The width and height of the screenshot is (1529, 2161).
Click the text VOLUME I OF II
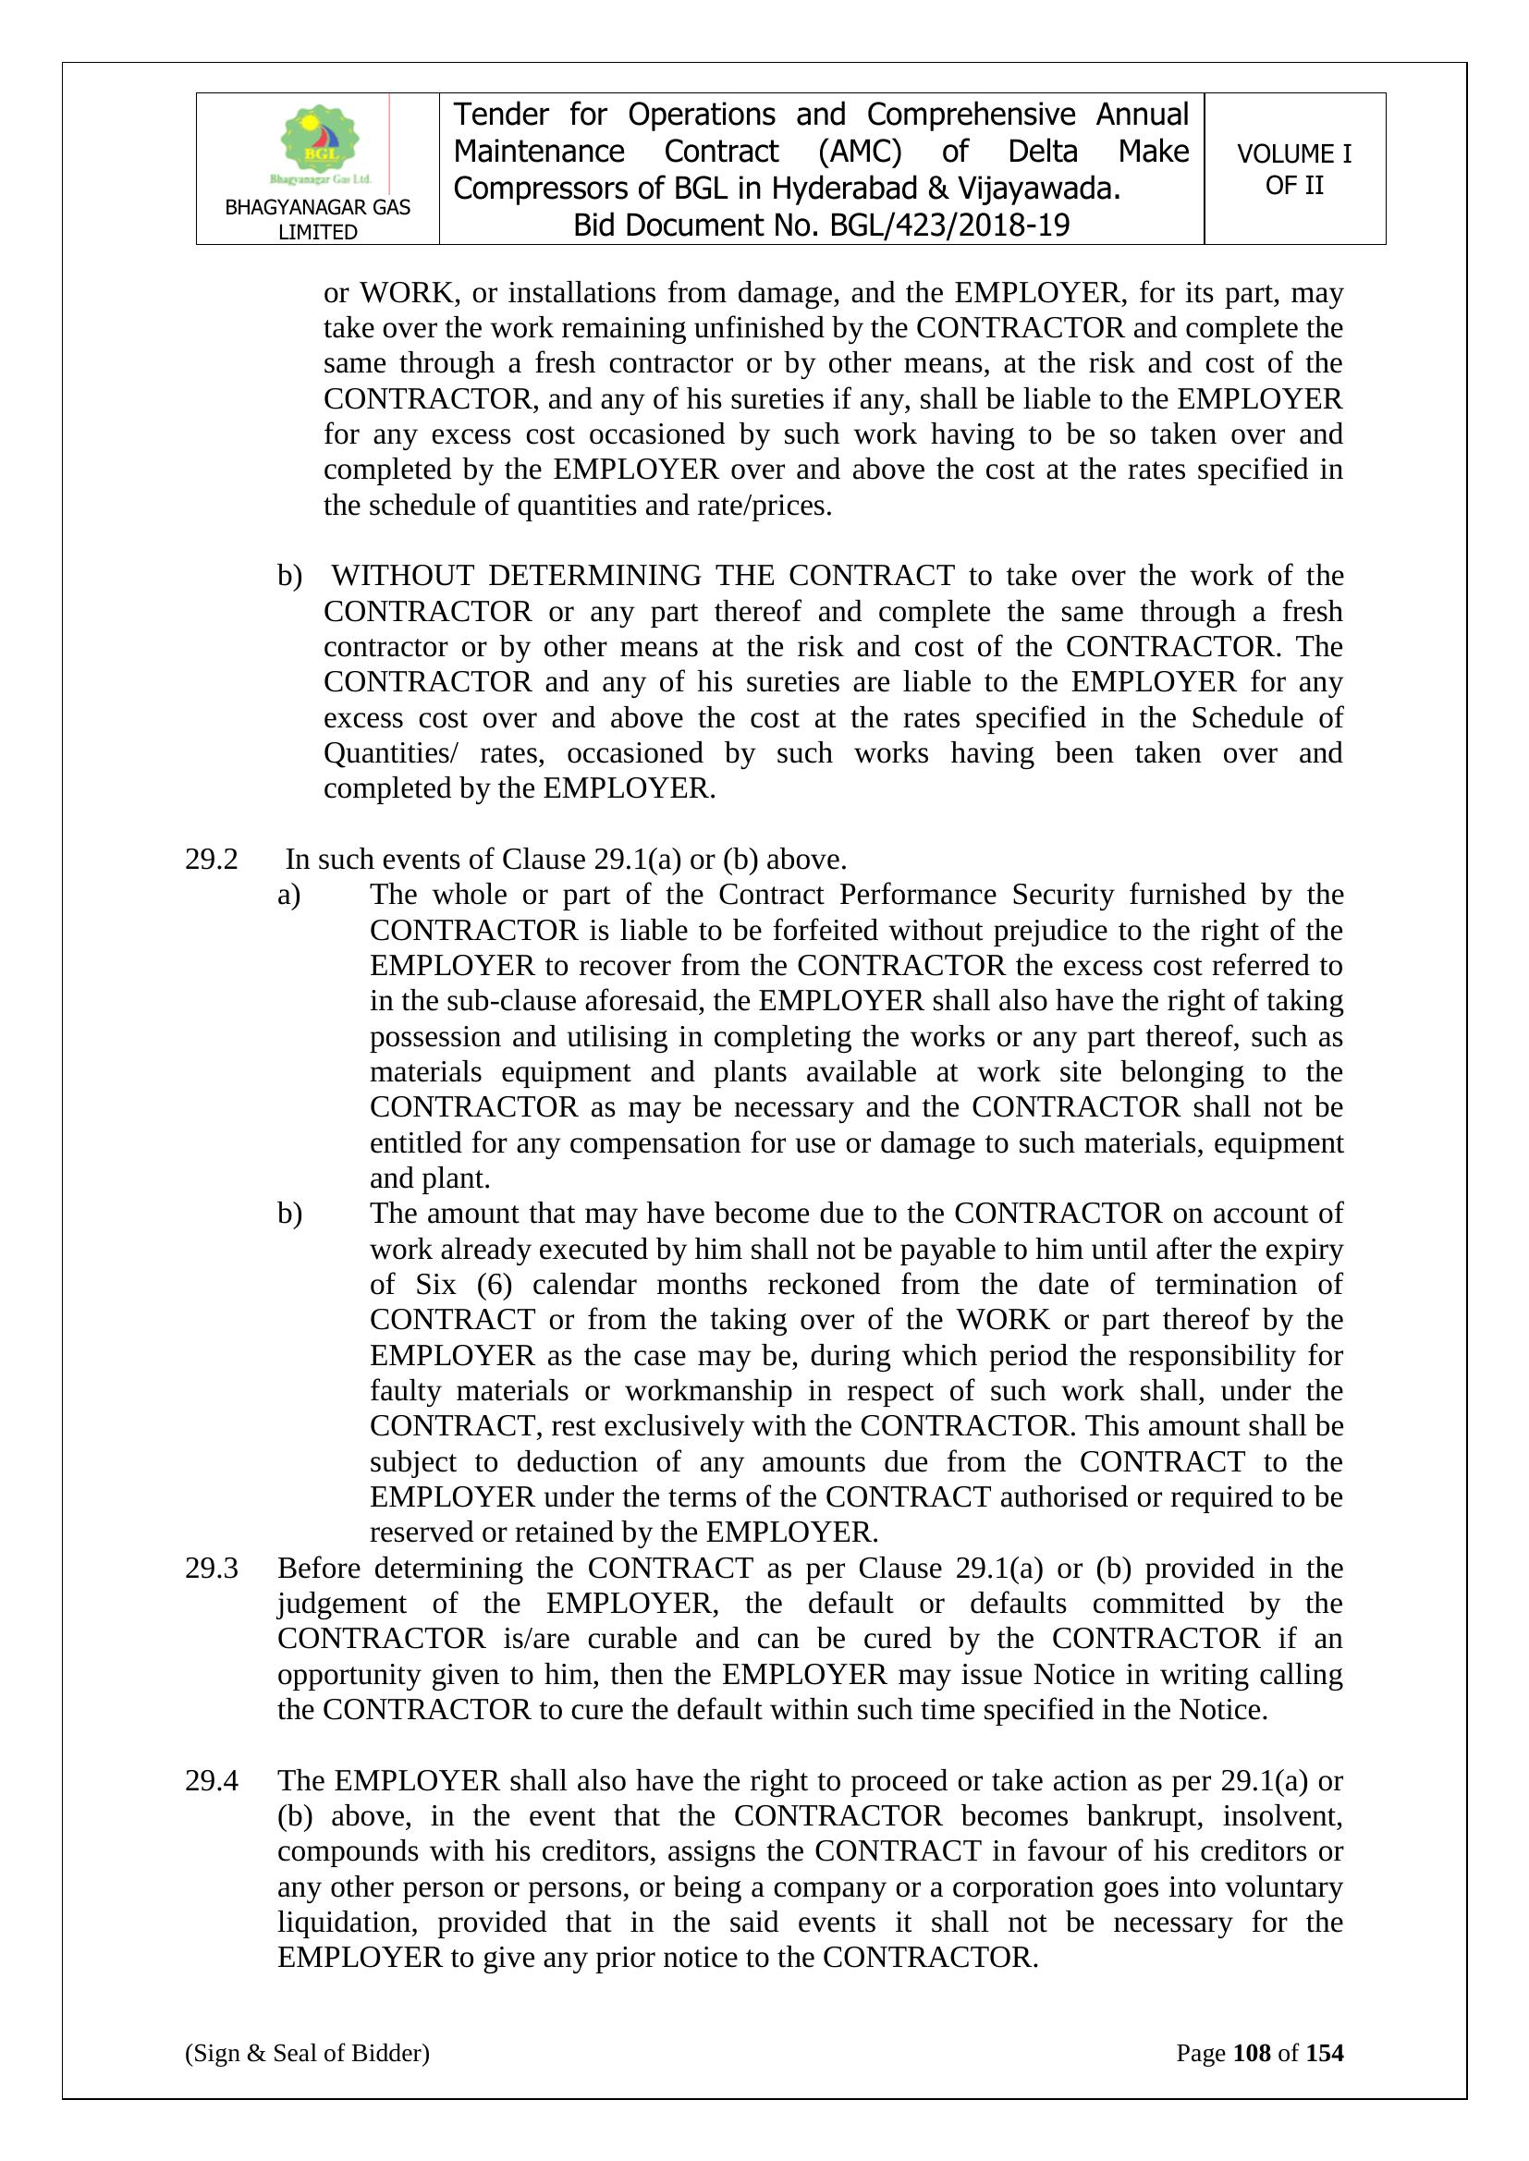(x=1293, y=169)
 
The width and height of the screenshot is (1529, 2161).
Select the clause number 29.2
(x=211, y=860)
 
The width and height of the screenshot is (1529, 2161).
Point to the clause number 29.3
(x=211, y=1568)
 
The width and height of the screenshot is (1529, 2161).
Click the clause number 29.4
(x=211, y=1781)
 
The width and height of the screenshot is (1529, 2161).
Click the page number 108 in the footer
(x=1252, y=2053)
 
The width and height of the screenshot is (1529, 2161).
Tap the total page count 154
(x=1324, y=2053)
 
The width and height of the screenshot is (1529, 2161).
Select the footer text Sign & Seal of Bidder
(x=307, y=2053)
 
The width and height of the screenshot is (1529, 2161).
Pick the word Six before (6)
(x=435, y=1285)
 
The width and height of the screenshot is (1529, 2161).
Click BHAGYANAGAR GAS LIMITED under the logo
(x=317, y=219)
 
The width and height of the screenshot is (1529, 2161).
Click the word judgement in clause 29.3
(x=341, y=1603)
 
